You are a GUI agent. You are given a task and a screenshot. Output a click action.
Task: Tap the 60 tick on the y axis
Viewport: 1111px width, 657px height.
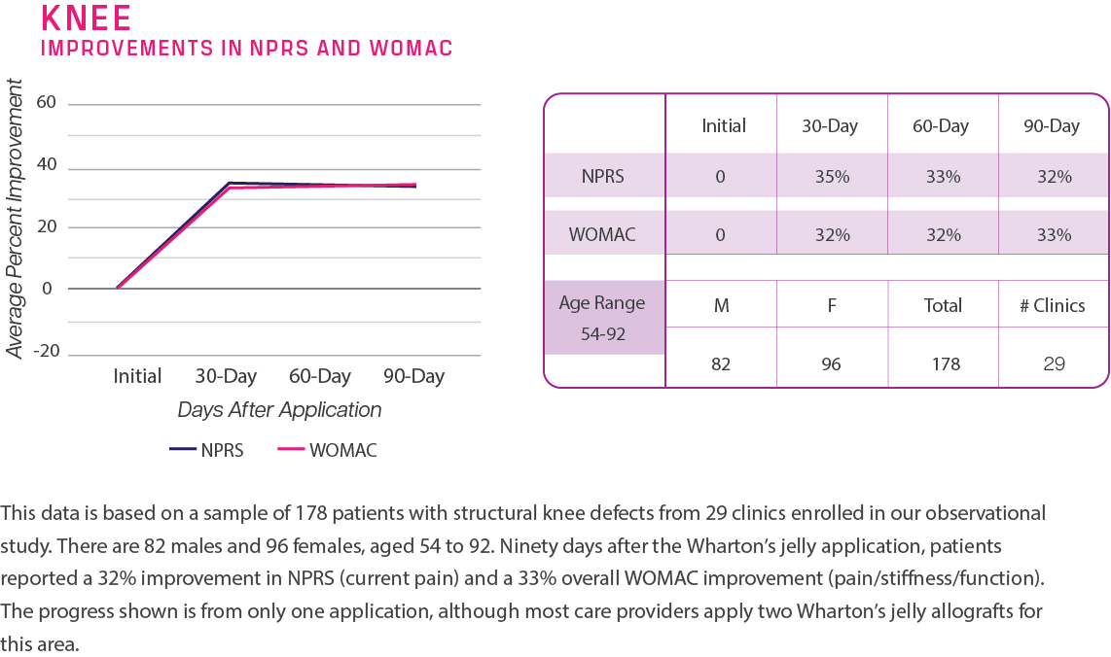(x=46, y=103)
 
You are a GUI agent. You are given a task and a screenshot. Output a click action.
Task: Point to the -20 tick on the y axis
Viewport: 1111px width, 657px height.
(x=46, y=351)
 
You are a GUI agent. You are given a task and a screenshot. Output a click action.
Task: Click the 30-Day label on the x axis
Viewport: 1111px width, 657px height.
(x=226, y=376)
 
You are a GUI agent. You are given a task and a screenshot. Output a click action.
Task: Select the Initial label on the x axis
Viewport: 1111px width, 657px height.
(x=137, y=376)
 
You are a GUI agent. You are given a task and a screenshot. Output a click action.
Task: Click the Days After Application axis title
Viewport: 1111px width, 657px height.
(x=279, y=410)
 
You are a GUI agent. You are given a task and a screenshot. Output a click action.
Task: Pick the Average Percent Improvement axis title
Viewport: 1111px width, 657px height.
(x=15, y=225)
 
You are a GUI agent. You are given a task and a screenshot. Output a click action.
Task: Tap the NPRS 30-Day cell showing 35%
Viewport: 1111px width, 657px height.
(x=832, y=177)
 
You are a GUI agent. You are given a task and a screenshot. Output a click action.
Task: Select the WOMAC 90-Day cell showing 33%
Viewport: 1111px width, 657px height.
(x=1054, y=234)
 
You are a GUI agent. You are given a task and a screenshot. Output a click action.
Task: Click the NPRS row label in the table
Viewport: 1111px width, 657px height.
(x=603, y=177)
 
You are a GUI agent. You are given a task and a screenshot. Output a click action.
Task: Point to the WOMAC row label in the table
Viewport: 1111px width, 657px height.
(x=603, y=234)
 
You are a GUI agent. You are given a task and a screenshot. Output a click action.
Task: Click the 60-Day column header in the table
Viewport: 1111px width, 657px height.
(x=942, y=126)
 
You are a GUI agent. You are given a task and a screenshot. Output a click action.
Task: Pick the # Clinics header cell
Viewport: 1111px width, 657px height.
(x=1053, y=306)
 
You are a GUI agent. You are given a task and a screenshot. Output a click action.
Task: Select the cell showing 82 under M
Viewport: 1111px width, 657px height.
(x=722, y=364)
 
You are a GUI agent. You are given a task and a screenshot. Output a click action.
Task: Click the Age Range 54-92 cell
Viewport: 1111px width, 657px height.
(x=602, y=317)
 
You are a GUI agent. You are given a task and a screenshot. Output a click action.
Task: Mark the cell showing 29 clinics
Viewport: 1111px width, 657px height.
(x=1054, y=364)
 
